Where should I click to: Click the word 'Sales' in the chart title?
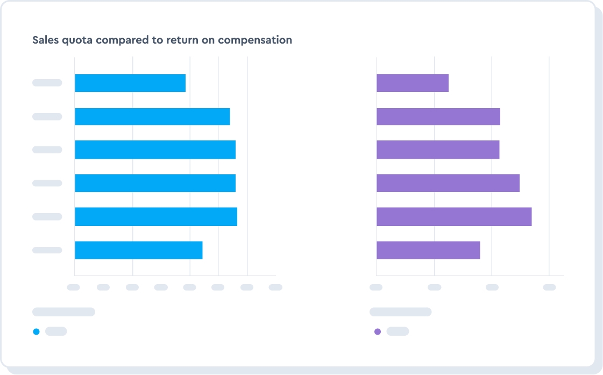(x=45, y=40)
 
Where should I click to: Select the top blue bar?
(x=130, y=83)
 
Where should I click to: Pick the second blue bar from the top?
(x=152, y=117)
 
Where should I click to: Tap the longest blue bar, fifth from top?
(x=156, y=217)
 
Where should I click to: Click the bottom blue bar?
(x=138, y=250)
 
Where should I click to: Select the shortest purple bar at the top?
(x=413, y=83)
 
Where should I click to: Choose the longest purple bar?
(x=454, y=217)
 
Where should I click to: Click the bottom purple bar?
(x=428, y=250)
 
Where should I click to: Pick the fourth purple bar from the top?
(x=448, y=183)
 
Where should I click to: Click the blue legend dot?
(x=36, y=331)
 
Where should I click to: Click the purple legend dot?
(x=377, y=331)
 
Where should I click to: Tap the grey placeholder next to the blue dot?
(x=56, y=331)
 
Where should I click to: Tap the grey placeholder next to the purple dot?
(x=398, y=331)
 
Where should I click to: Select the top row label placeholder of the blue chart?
(x=47, y=83)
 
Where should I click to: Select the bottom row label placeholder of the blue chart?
(x=47, y=250)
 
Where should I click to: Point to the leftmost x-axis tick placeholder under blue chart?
(x=73, y=287)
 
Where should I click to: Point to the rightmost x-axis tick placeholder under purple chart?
(x=549, y=287)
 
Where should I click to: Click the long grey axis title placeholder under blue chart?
(x=63, y=312)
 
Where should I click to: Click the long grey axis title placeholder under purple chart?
(x=400, y=312)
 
